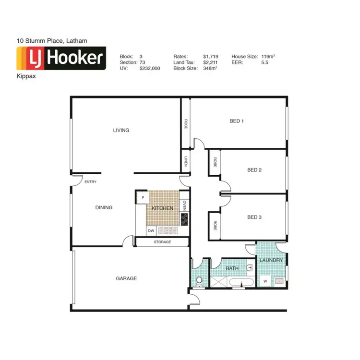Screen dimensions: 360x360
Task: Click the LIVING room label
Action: click(x=121, y=130)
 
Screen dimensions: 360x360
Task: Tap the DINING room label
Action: click(x=104, y=208)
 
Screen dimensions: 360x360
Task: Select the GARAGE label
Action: click(x=126, y=278)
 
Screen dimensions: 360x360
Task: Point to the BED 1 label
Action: click(x=237, y=121)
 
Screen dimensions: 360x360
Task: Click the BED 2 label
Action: click(x=254, y=170)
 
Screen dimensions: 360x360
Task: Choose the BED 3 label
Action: click(x=254, y=217)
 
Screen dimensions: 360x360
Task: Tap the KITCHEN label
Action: click(x=162, y=208)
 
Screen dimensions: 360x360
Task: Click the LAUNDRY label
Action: click(x=271, y=260)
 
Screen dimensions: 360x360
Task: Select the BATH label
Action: click(x=232, y=269)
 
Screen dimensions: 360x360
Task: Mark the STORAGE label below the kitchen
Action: click(x=162, y=242)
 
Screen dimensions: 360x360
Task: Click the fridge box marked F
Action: click(x=143, y=197)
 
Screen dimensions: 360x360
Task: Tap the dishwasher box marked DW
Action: click(x=151, y=231)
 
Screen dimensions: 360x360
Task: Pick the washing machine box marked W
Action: click(x=264, y=281)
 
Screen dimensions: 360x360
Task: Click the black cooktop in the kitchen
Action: click(x=184, y=219)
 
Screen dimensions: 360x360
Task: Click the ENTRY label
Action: click(x=90, y=182)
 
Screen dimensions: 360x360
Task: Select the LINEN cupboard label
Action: click(x=185, y=161)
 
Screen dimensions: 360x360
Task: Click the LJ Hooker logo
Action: click(x=61, y=59)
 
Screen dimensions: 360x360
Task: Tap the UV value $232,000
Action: click(x=150, y=69)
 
